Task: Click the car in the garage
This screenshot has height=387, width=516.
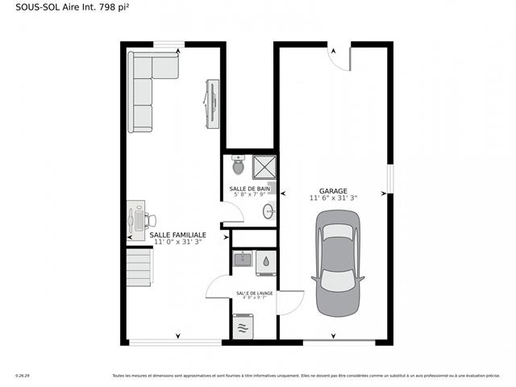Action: pos(338,264)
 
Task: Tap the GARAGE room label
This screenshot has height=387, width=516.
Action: pos(333,191)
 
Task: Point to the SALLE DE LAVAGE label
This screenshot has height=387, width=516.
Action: pos(254,293)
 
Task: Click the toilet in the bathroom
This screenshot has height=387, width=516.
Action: pos(238,166)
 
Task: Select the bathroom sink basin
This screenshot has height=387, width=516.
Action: pos(268,212)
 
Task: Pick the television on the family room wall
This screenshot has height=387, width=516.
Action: pos(213,102)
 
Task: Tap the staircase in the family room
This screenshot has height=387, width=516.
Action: pos(139,267)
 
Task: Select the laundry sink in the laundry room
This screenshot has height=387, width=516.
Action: pos(243,260)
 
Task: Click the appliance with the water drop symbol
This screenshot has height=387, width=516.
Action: pos(266,261)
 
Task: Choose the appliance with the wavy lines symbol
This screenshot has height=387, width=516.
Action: pos(243,328)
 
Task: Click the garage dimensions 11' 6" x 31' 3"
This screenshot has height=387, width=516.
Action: pos(333,198)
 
